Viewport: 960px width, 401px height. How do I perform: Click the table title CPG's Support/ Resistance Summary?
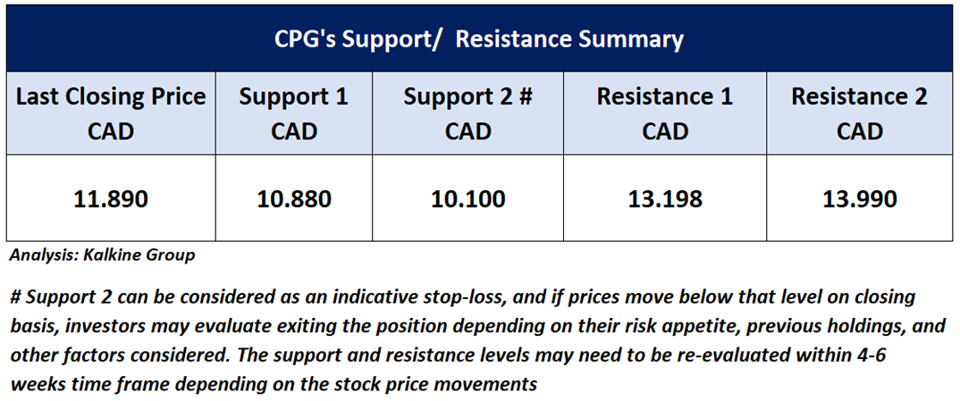pyautogui.click(x=479, y=39)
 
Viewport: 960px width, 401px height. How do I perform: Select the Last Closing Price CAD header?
pyautogui.click(x=111, y=113)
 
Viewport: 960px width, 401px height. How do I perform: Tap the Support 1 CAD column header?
pyautogui.click(x=293, y=113)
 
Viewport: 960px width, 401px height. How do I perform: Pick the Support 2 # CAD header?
pyautogui.click(x=467, y=113)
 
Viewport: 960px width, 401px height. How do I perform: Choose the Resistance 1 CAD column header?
pyautogui.click(x=664, y=113)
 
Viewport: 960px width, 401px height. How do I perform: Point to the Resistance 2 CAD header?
pyautogui.click(x=859, y=113)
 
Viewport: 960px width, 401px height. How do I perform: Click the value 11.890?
pyautogui.click(x=111, y=198)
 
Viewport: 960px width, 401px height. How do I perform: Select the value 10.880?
pyautogui.click(x=293, y=198)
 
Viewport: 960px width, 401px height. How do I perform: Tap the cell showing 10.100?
pyautogui.click(x=467, y=198)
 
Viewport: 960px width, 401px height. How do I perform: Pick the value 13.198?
pyautogui.click(x=664, y=198)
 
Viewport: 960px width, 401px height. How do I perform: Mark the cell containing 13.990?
pyautogui.click(x=859, y=198)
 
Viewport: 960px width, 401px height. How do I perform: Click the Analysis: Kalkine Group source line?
pyautogui.click(x=102, y=255)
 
